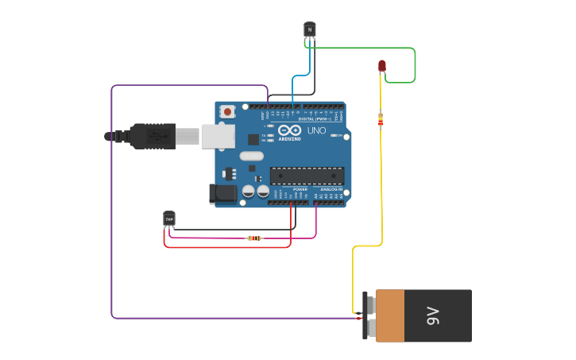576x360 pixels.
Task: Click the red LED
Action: click(382, 66)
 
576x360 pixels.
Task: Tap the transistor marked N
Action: click(310, 29)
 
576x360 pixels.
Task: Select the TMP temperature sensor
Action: click(169, 219)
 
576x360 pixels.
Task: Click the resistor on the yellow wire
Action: click(380, 120)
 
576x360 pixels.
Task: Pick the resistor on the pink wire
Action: click(254, 238)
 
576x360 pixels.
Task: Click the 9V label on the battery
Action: click(433, 315)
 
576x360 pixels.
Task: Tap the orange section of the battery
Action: click(389, 315)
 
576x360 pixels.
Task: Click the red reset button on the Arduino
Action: click(228, 112)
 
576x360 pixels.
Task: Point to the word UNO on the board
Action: click(316, 130)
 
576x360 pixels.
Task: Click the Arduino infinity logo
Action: click(289, 130)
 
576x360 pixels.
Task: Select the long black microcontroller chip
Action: click(307, 176)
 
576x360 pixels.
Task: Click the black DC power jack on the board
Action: click(222, 193)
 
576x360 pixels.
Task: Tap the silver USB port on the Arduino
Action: click(218, 137)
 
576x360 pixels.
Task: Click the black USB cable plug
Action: click(151, 137)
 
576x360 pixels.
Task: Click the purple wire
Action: click(111, 199)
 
